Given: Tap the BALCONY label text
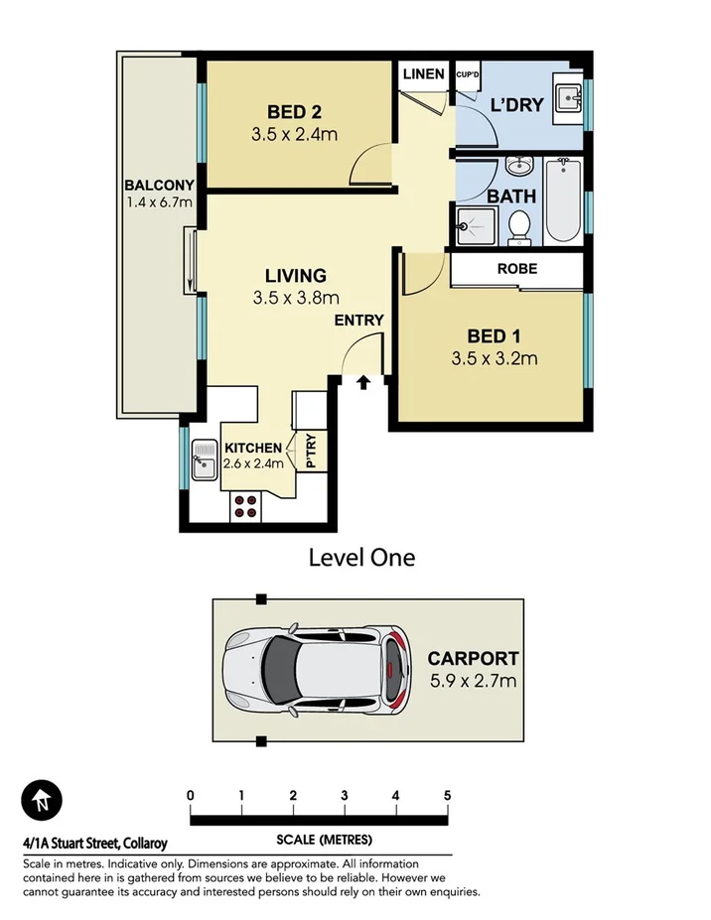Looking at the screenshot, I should click(x=159, y=185).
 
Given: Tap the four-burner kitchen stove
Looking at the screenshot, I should click(x=246, y=507).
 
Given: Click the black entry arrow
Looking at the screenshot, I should click(x=363, y=381).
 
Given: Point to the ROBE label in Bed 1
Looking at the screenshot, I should click(x=516, y=268).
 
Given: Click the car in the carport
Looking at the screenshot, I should click(x=315, y=670).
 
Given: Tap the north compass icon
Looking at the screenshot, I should click(x=42, y=799).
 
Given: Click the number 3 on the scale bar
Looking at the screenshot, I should click(x=345, y=795).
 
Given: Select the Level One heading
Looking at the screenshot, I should click(x=361, y=558).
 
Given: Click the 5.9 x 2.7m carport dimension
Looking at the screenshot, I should click(x=473, y=681).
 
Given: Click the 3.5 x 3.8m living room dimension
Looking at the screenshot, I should click(x=295, y=297).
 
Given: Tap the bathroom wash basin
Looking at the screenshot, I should click(x=519, y=166).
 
